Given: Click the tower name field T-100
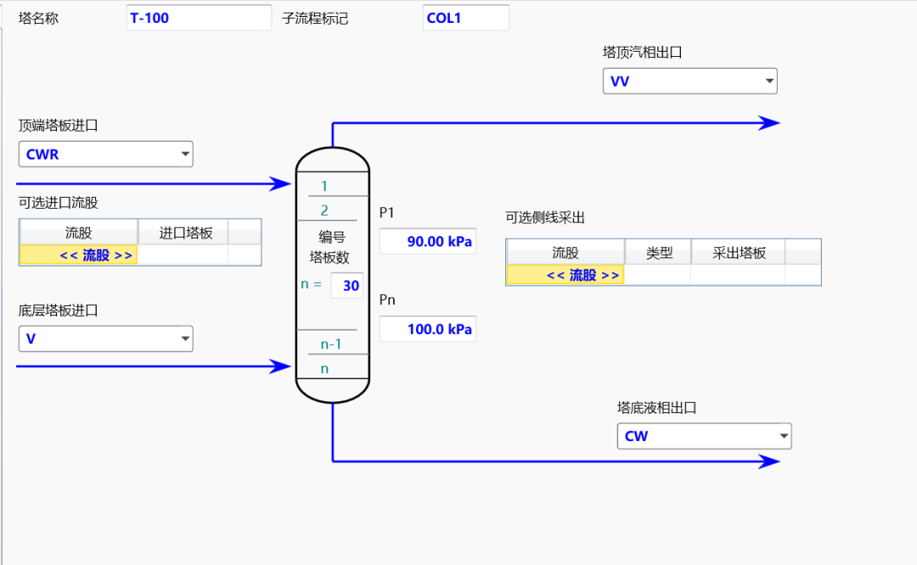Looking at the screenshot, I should point(187,18).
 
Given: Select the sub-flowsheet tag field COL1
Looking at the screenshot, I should point(465,18).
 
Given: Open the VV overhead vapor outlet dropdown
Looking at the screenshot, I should point(690,81).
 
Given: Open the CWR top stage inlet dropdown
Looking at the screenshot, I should point(106,154).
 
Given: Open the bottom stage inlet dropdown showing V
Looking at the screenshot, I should point(106,339).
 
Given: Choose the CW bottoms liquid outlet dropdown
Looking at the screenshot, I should point(704,436).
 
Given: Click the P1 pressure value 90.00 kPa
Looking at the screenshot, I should point(428,241).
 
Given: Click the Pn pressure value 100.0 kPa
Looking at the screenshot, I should point(428,329).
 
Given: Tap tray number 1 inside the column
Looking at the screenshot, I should point(324,186).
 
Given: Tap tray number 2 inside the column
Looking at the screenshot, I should point(324,210).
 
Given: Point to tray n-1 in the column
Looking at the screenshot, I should point(330,344).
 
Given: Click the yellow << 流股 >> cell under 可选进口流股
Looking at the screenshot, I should point(78,255).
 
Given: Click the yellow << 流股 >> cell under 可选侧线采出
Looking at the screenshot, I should point(565,275).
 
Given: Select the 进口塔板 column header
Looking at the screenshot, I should point(183,232).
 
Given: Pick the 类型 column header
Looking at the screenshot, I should point(658,253).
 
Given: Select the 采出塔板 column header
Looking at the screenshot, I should point(738,253).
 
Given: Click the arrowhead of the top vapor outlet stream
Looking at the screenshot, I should point(769,123).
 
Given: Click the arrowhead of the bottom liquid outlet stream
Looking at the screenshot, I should point(769,462).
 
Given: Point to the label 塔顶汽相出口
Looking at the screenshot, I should point(643,53).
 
